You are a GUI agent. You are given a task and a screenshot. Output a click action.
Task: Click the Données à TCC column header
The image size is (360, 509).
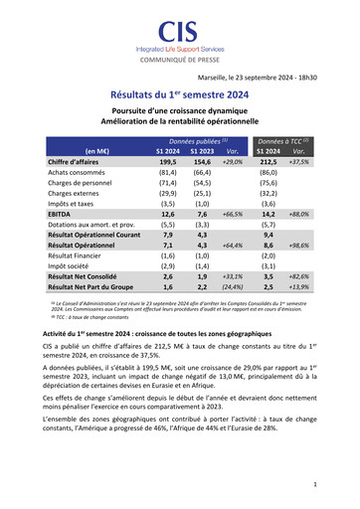pyautogui.click(x=285, y=141)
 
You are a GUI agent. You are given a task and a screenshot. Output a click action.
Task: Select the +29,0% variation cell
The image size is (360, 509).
pyautogui.click(x=233, y=161)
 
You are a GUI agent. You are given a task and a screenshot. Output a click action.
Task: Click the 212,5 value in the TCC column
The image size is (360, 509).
pyautogui.click(x=269, y=161)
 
